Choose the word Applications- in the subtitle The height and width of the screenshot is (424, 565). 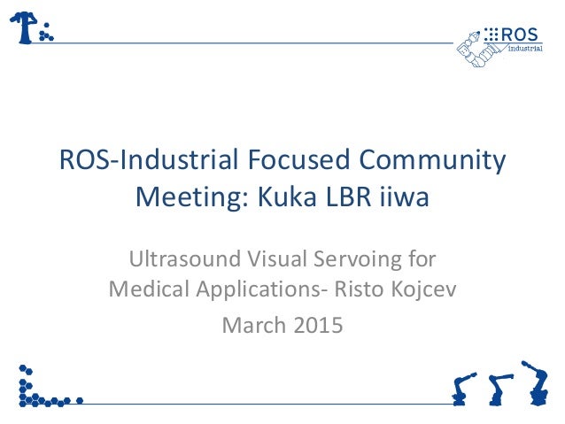pos(252,290)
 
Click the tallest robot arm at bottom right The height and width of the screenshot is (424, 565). pos(535,382)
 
